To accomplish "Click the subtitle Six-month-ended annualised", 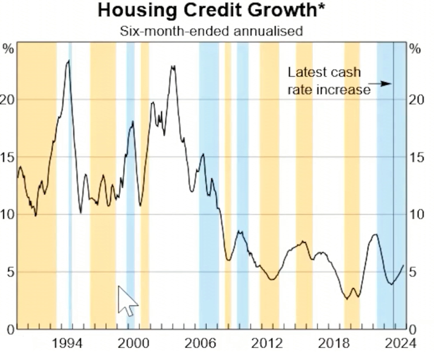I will click(212, 31).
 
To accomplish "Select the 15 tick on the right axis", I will click(417, 158).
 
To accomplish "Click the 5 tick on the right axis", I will click(415, 272).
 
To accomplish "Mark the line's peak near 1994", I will click(68, 61).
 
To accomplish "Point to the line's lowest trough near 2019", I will click(347, 299).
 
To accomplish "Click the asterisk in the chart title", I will click(321, 7).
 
